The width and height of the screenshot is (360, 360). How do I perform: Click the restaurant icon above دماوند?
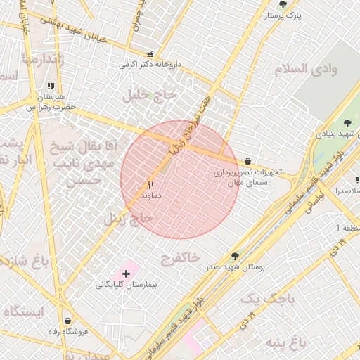pos(149,186)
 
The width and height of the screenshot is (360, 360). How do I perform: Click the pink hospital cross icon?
pos(127,272)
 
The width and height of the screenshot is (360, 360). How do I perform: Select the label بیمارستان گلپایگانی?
pos(127,285)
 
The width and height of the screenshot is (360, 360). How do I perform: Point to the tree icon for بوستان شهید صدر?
pos(235,256)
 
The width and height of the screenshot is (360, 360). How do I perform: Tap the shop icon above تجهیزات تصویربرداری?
pos(247,161)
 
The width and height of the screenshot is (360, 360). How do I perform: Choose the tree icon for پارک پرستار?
pos(283,4)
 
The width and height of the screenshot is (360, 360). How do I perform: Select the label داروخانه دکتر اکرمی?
pos(150,64)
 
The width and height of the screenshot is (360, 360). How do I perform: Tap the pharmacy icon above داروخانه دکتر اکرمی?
pos(150,54)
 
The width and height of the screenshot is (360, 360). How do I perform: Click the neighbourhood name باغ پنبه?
pos(286,342)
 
